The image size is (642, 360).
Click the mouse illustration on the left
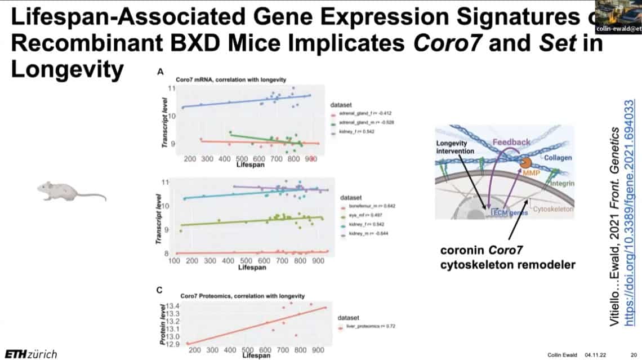tap(70, 192)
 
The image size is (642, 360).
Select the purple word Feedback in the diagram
tap(511, 143)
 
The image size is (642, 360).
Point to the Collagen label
tap(558, 158)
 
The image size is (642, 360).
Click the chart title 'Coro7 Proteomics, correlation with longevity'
tap(243, 296)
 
